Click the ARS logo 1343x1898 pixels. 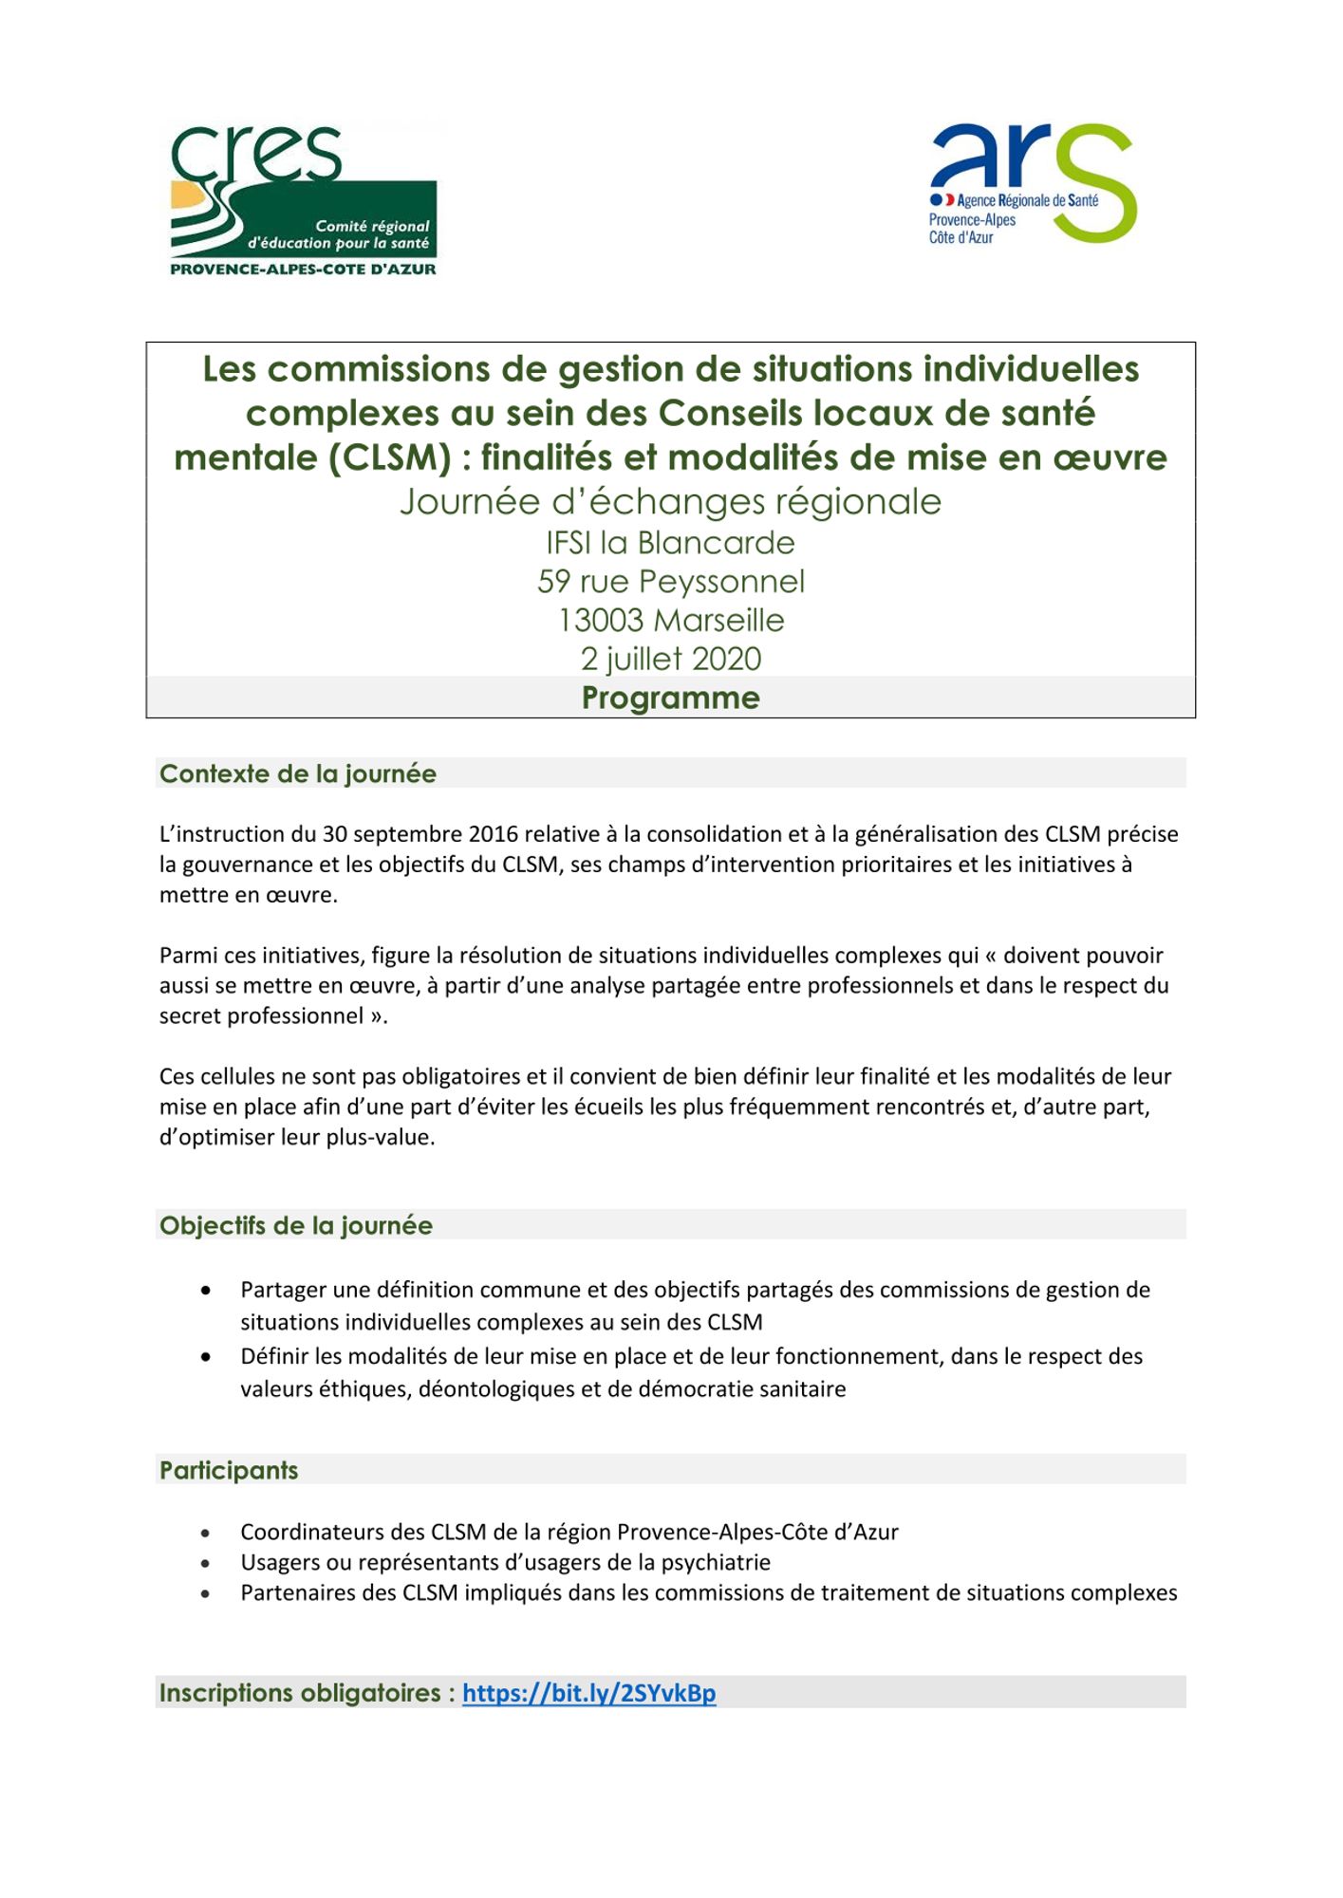click(x=1033, y=183)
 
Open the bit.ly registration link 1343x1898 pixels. click(x=588, y=1693)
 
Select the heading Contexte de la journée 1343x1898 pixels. click(x=298, y=773)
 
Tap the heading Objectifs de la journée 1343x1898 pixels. click(x=296, y=1225)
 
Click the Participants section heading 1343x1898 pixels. click(x=229, y=1470)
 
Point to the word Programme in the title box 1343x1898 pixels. click(x=670, y=698)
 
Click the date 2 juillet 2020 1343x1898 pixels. click(x=670, y=659)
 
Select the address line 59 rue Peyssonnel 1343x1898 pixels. click(x=670, y=581)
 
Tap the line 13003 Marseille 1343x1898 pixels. click(x=670, y=620)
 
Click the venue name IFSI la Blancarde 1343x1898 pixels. click(x=670, y=542)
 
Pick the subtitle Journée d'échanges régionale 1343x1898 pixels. click(x=670, y=501)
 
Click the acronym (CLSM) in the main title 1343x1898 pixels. click(x=390, y=457)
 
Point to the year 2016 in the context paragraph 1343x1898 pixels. click(x=493, y=834)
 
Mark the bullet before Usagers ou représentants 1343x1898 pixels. click(x=206, y=1562)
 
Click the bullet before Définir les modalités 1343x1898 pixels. click(x=206, y=1357)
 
